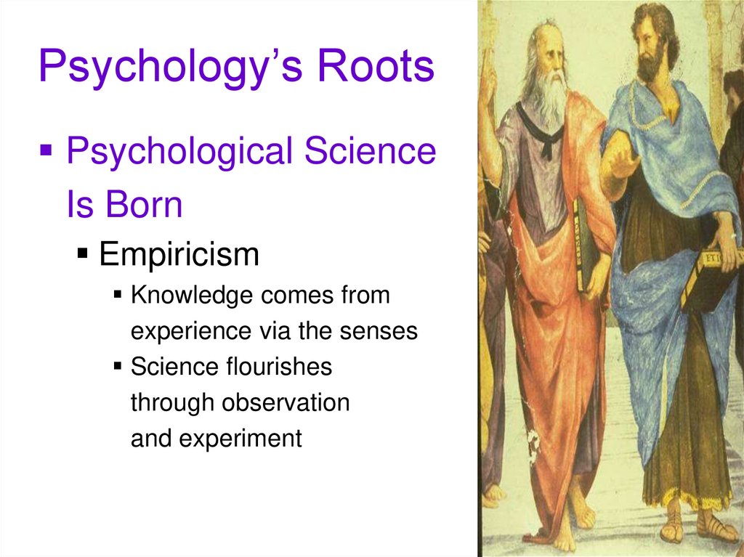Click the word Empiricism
pyautogui.click(x=179, y=255)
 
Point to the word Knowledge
pyautogui.click(x=193, y=296)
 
